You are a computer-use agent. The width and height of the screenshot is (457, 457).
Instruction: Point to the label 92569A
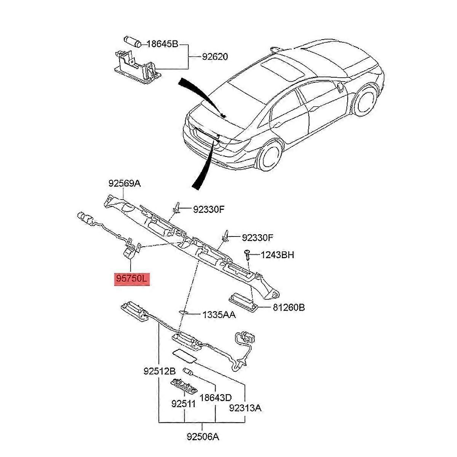(125, 184)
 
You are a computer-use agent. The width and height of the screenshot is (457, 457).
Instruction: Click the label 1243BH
(277, 254)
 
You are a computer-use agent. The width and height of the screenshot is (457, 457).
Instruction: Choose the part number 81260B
(288, 307)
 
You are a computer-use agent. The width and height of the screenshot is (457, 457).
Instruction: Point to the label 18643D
(216, 398)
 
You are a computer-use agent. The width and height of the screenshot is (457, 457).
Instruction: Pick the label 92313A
(245, 408)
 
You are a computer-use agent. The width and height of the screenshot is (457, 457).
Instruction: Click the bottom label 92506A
(203, 436)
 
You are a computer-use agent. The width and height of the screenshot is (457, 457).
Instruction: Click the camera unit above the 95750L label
(130, 251)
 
